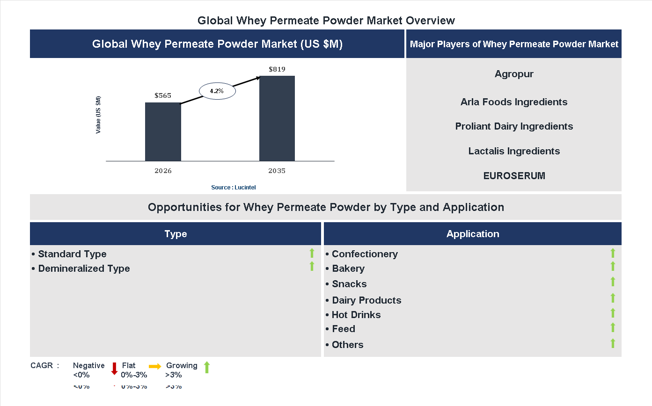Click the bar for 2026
click(163, 132)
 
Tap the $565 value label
click(163, 95)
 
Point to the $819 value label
click(277, 69)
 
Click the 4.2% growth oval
click(217, 91)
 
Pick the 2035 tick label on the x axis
click(277, 171)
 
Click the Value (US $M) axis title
click(98, 115)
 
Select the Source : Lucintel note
click(233, 188)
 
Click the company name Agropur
click(514, 74)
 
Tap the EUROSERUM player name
click(514, 176)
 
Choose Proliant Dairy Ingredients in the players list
click(514, 126)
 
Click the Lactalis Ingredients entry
click(514, 151)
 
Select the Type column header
click(176, 234)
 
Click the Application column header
click(473, 234)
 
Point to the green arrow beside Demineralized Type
click(312, 267)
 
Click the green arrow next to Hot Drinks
click(613, 313)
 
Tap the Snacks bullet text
click(349, 284)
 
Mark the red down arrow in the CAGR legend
click(114, 368)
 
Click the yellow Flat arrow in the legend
click(155, 366)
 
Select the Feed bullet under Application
click(344, 329)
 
